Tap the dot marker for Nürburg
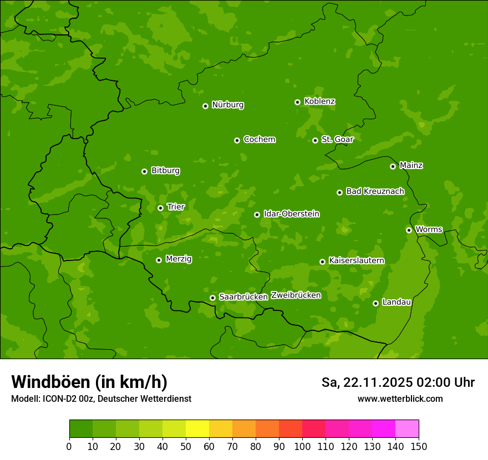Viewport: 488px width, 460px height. [x=205, y=106]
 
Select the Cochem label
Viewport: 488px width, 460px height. [x=259, y=139]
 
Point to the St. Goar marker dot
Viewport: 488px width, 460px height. [x=315, y=141]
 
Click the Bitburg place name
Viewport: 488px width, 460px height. [x=165, y=171]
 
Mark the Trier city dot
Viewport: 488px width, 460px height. [x=160, y=208]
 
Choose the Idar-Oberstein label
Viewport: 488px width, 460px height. [x=291, y=213]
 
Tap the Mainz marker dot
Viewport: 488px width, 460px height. [x=393, y=166]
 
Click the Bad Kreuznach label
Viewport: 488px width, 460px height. [x=375, y=191]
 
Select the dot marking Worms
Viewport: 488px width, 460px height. [x=409, y=230]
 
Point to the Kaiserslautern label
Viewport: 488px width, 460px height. [x=356, y=260]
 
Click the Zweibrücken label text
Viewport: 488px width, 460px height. [x=296, y=295]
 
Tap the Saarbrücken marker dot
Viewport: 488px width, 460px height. [x=212, y=298]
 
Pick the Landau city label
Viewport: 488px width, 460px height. [x=396, y=302]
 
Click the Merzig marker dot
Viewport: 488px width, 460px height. [x=159, y=260]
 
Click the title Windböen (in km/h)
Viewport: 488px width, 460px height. [x=89, y=382]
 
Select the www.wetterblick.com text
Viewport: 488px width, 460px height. [x=400, y=398]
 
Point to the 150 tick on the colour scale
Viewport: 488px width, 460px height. [x=419, y=446]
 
